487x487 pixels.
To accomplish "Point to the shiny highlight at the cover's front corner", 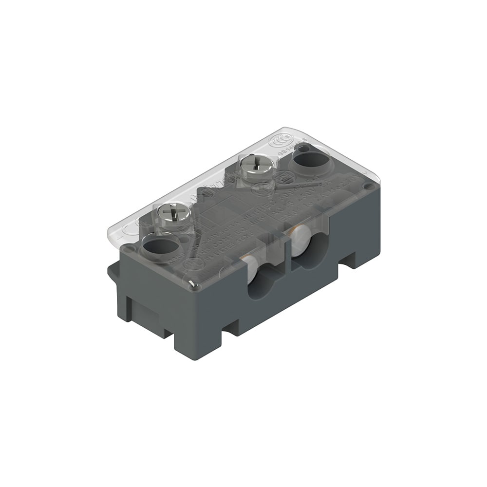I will pos(192,283).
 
